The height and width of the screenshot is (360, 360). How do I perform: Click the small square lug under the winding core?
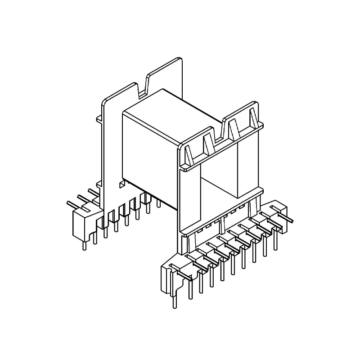(121, 184)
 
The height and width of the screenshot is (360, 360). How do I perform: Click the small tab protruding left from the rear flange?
(100, 119)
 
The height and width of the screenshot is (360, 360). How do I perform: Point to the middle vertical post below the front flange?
(223, 222)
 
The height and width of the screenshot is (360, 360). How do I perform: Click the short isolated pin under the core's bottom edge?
(158, 202)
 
